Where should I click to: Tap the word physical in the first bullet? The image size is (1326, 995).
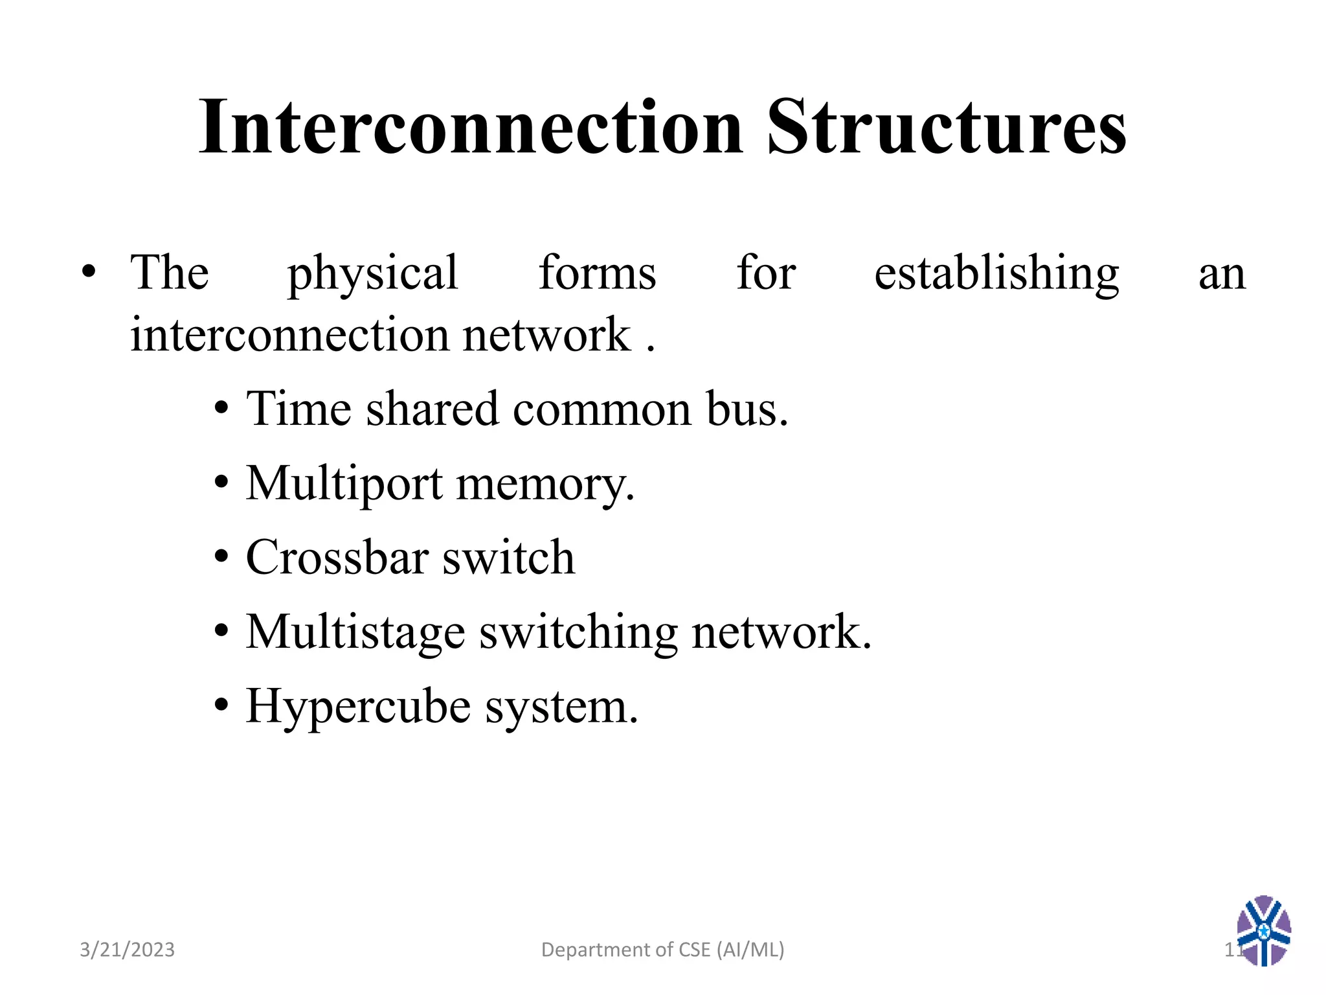point(373,273)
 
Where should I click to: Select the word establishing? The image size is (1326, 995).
point(996,273)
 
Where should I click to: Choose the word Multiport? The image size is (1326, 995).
point(344,484)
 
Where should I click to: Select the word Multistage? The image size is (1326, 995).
point(355,632)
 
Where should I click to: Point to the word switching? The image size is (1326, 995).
point(578,632)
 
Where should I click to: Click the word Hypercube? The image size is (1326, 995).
point(358,707)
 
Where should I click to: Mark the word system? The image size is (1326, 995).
point(561,707)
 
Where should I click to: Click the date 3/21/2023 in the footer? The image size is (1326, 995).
point(127,950)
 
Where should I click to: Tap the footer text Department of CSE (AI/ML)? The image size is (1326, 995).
point(662,950)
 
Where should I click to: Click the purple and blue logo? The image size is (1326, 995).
point(1263,931)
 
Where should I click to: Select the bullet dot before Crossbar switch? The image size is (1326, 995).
point(221,556)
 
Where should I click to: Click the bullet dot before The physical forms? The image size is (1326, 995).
point(89,271)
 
